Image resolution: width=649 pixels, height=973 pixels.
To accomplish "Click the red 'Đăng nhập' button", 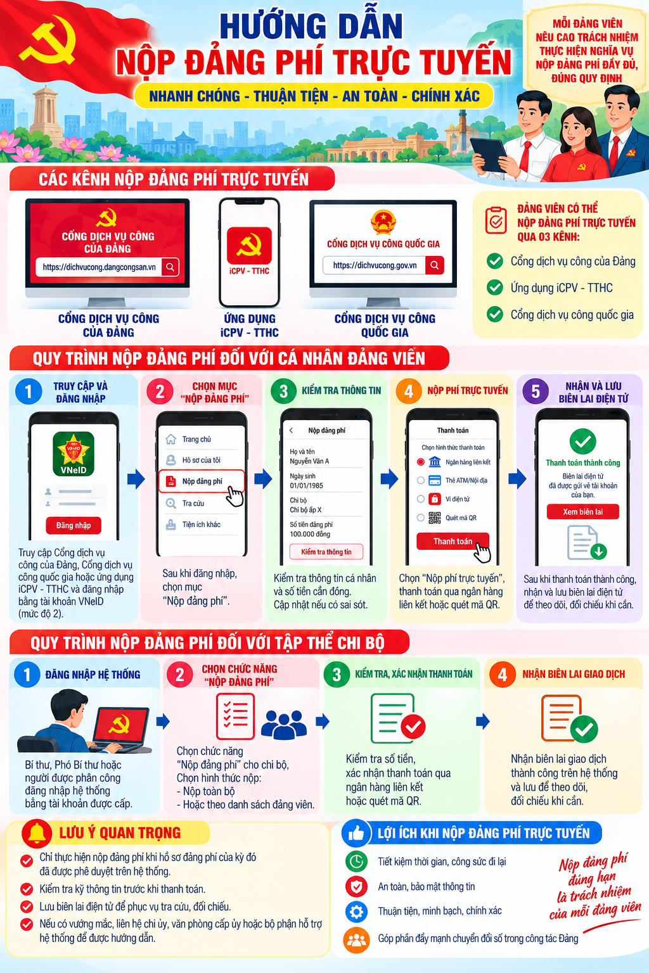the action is (74, 525).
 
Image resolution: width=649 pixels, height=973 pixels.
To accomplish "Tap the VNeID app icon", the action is (74, 454).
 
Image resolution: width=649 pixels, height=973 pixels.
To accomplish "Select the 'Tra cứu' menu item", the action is (193, 504).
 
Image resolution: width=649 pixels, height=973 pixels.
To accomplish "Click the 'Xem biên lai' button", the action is (582, 512).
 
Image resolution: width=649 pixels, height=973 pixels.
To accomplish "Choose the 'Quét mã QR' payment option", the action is (447, 518).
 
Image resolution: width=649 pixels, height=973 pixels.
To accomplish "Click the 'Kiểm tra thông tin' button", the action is (326, 552).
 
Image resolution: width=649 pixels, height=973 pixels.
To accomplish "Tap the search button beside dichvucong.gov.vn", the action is (434, 265).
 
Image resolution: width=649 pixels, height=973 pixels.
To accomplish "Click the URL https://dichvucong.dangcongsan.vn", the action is (99, 267).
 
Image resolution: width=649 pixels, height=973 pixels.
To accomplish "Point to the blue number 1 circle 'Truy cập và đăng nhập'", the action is (29, 391).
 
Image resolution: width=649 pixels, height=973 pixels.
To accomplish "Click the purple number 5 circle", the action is (536, 391).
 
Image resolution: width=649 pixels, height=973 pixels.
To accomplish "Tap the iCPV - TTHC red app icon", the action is (249, 245).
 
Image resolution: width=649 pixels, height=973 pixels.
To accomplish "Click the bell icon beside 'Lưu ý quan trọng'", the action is (37, 832).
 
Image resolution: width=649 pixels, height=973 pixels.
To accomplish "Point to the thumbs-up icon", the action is (356, 833).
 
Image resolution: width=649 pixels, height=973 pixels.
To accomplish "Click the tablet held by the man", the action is (490, 155).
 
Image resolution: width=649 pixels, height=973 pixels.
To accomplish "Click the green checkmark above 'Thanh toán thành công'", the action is (582, 442).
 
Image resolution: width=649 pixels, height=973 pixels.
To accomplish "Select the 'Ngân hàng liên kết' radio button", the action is (420, 462).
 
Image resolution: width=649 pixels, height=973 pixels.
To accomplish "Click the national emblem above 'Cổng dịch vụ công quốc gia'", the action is (383, 222).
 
